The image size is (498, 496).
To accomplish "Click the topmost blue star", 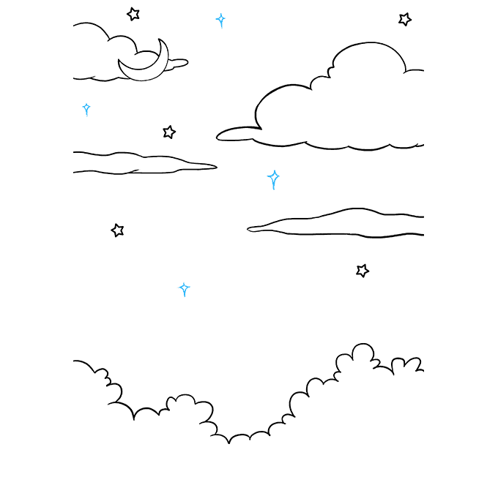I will [220, 19].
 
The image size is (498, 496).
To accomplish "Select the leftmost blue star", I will [86, 108].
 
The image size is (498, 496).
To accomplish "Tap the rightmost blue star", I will [273, 177].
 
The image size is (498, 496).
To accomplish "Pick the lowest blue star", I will [184, 288].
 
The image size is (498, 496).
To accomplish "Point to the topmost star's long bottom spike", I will [221, 26].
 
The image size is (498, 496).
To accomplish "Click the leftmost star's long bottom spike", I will [87, 114].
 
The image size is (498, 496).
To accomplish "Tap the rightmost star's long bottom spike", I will [274, 186].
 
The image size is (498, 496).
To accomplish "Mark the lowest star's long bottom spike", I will [185, 294].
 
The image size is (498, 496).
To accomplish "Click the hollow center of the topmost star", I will [220, 18].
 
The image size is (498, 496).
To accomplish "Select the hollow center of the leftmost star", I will [86, 108].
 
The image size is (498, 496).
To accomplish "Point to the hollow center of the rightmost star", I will [273, 176].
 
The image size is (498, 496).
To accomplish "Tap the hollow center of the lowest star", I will [184, 288].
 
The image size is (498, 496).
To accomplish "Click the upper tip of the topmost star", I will [220, 13].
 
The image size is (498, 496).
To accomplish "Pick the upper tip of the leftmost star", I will [86, 103].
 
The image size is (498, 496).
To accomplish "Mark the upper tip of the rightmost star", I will [273, 170].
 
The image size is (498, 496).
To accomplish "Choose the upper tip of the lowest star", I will [183, 282].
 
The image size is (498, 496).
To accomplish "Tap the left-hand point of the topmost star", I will [216, 18].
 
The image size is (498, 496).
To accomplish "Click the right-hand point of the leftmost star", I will [91, 108].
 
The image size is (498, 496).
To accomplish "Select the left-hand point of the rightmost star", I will [267, 176].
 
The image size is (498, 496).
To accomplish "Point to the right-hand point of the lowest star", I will [190, 288].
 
